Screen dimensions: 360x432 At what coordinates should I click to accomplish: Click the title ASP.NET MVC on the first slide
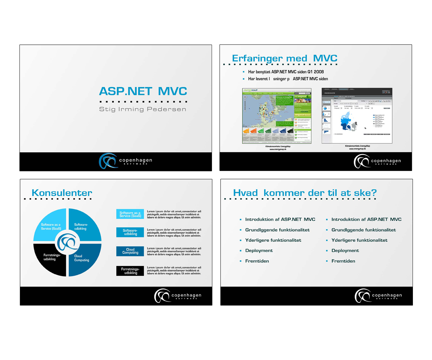pos(143,91)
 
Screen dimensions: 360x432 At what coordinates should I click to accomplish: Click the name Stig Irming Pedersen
pos(143,109)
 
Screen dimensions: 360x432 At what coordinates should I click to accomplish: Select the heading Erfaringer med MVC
pos(284,58)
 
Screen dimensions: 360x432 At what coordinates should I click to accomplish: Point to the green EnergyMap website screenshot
pos(276,116)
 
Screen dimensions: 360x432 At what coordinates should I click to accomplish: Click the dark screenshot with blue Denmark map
pos(356,116)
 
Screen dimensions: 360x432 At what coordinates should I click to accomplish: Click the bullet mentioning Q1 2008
pos(286,72)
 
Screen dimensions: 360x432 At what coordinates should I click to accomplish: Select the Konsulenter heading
pos(62,193)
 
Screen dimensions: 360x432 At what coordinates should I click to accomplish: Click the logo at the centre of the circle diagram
pos(67,243)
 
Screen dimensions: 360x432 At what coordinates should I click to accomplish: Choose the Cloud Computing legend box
pos(130,251)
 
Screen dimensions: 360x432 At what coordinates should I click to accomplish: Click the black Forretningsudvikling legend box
pos(130,271)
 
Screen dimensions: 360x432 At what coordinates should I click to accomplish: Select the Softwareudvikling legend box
pos(130,232)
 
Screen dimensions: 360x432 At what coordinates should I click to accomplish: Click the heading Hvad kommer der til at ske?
pos(305,193)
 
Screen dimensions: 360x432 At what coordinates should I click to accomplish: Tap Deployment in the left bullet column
pos(259,251)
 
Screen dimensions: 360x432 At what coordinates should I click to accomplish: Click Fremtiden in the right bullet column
pos(343,261)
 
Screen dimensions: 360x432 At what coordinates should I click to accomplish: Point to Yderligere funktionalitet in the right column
pos(359,240)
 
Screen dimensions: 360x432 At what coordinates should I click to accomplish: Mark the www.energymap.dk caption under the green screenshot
pos(278,149)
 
